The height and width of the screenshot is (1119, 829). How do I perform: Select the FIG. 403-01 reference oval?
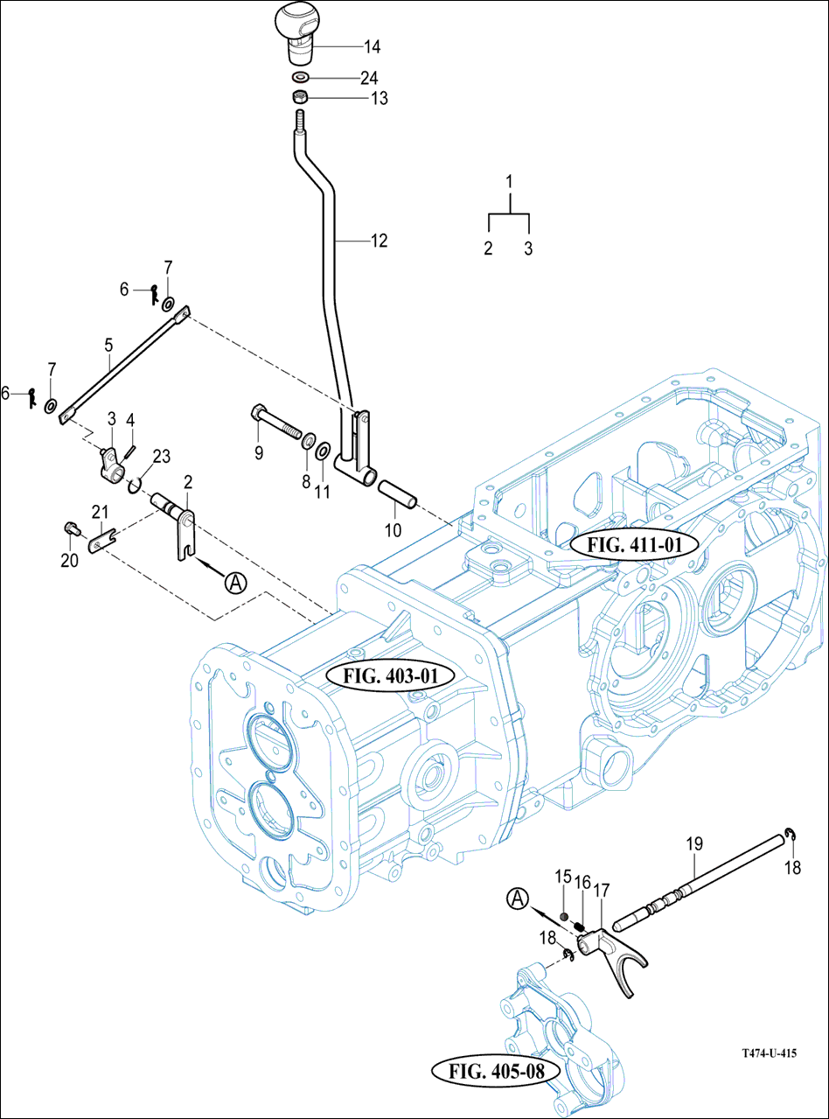(x=391, y=675)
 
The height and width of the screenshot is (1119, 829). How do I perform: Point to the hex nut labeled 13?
(x=298, y=97)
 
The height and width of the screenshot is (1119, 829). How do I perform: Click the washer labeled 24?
(x=299, y=77)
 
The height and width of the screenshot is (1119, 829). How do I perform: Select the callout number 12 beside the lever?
(x=379, y=241)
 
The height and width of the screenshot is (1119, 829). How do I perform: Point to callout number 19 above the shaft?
(x=694, y=844)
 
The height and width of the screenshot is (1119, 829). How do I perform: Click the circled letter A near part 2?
(x=234, y=582)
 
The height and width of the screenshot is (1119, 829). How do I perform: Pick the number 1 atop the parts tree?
(x=508, y=181)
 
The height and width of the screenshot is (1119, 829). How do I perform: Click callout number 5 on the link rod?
(x=109, y=345)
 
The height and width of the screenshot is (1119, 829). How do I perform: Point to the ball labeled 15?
(x=565, y=917)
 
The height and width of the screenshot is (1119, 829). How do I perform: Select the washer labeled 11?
(x=322, y=451)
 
